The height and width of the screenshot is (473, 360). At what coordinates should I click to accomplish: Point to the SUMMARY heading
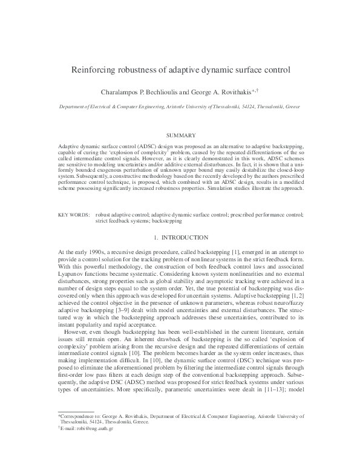180,134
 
